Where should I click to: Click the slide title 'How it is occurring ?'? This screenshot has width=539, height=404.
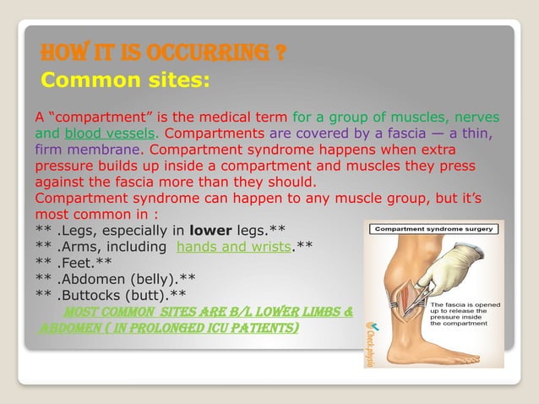[x=163, y=55]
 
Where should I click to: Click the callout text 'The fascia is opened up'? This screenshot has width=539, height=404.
[x=465, y=308]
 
